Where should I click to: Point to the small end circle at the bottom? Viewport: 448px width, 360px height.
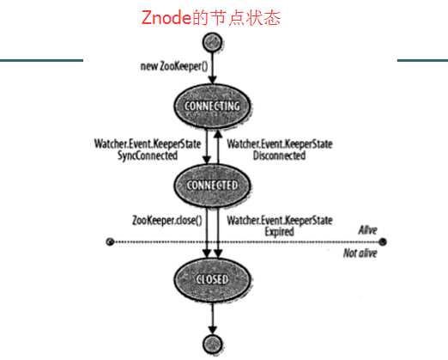(209, 344)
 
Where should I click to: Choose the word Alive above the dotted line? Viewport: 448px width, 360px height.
(367, 230)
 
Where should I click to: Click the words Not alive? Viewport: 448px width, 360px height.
(360, 253)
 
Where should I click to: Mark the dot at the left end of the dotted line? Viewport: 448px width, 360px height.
(109, 242)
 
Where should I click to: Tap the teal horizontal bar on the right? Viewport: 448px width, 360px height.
(421, 60)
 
